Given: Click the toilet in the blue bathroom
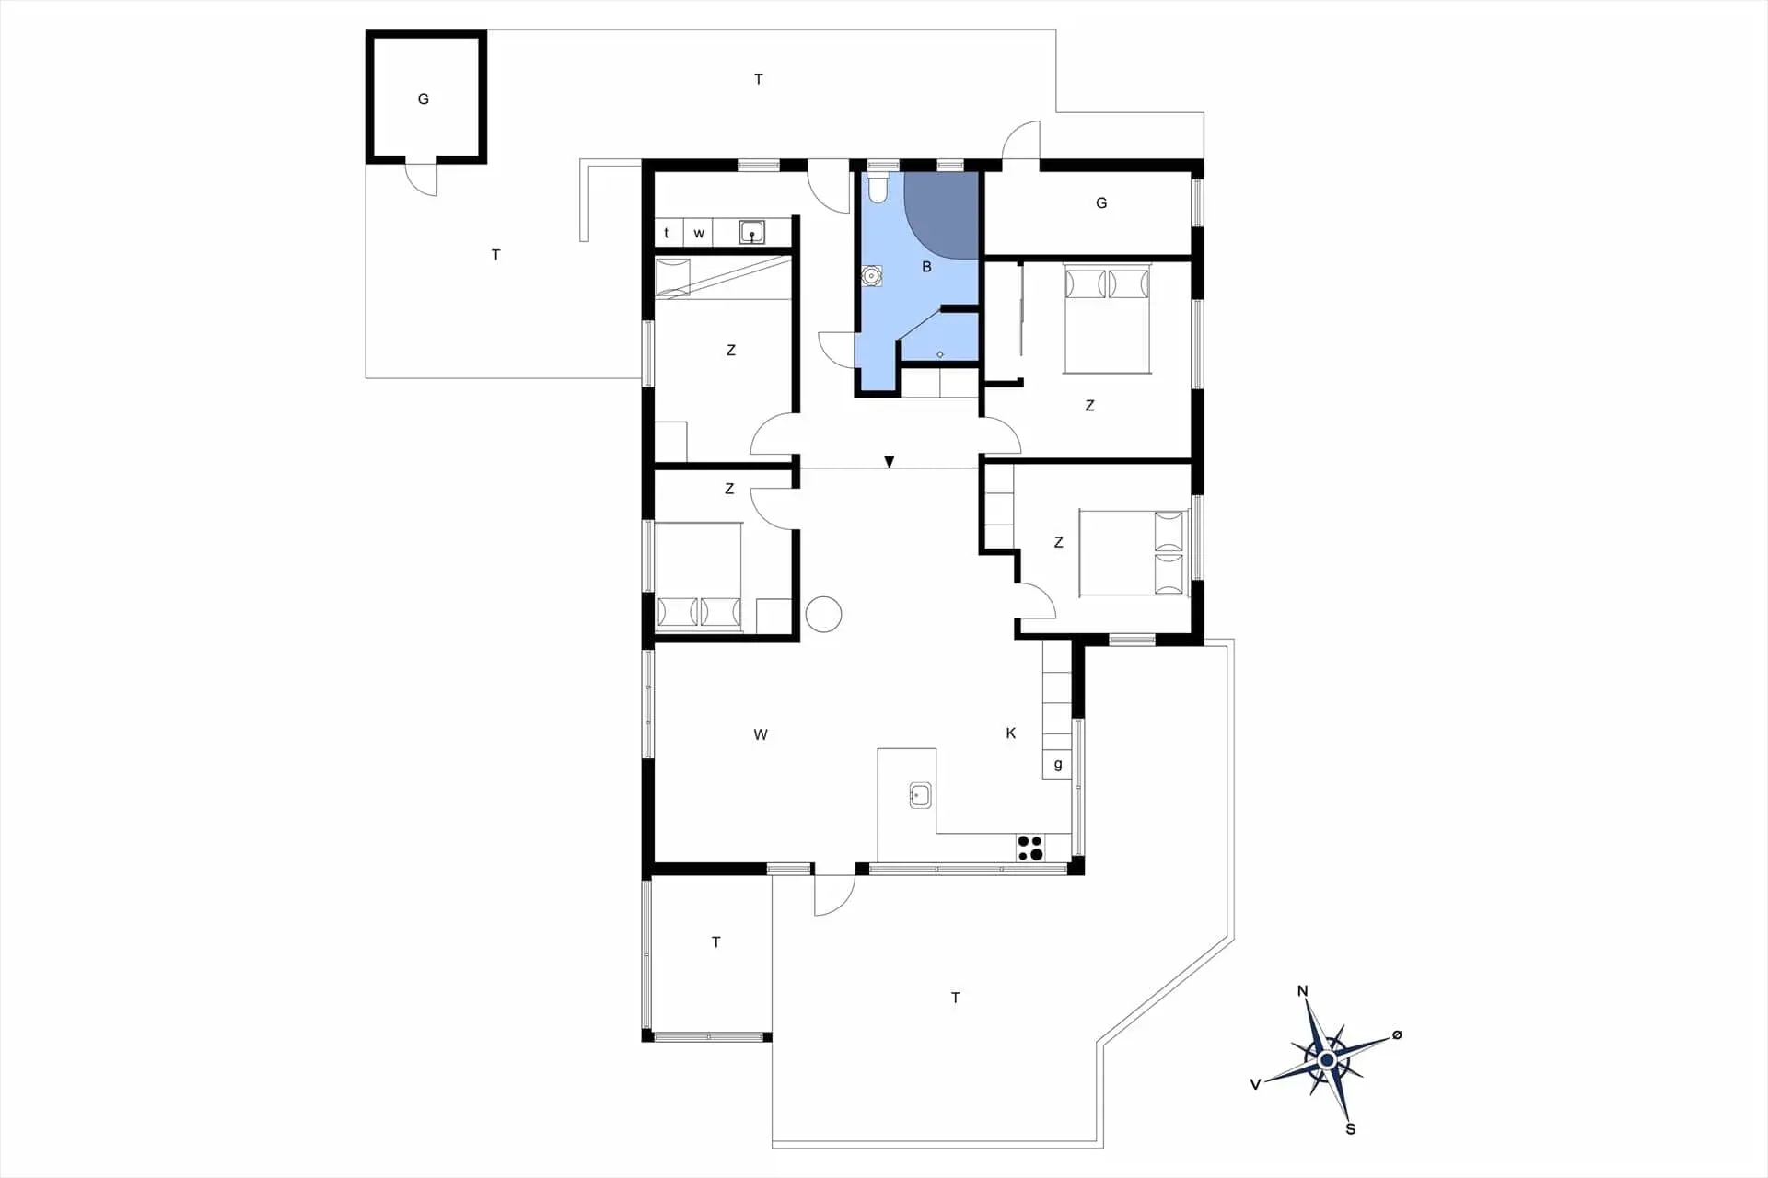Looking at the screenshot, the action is pos(877,188).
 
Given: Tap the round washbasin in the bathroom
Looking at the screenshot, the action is pos(871,275).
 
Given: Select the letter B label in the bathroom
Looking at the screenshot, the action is pos(926,267).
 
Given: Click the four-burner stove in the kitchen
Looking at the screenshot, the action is pos(1030,848).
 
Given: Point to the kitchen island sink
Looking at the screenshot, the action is pos(920,795).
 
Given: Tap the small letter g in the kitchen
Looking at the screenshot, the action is pos(1058,764).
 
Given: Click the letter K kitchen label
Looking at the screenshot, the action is pos(1011,733).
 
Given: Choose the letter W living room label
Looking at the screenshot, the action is pos(761,734).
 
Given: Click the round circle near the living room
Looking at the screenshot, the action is pos(823,615).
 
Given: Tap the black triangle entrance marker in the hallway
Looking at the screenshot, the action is pos(889,462).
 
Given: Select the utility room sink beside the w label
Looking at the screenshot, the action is pos(752,232).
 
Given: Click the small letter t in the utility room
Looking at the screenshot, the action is pos(666,233).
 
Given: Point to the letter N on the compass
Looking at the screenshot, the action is pos(1302,991).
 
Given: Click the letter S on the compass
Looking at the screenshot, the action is pos(1350,1129).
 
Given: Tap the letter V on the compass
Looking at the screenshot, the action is pos(1255,1085).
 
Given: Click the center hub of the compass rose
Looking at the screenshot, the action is pos(1327,1061).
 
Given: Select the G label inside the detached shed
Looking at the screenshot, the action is pos(424,99).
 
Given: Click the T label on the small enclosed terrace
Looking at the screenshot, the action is pos(716,942).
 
